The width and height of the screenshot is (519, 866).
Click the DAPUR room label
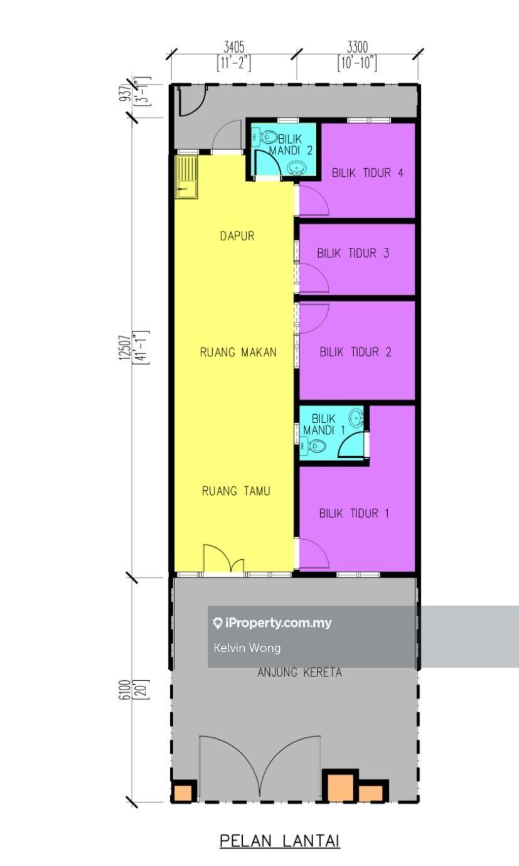point(237,236)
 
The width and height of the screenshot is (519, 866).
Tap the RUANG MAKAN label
point(238,352)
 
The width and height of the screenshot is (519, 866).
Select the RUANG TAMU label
point(236,491)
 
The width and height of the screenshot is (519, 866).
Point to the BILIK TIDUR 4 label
point(368,173)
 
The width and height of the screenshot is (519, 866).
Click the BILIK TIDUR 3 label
point(353,254)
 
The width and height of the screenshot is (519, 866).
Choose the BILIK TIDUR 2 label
point(355,352)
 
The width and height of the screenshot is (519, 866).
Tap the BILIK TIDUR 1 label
point(354,513)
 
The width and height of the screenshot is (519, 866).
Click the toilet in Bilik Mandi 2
point(266,136)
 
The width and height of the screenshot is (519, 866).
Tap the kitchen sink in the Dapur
point(186,177)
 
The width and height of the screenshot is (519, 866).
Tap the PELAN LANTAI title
point(280,840)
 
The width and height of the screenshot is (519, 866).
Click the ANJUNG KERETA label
point(300,673)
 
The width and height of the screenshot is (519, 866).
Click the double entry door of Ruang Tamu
point(223,559)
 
